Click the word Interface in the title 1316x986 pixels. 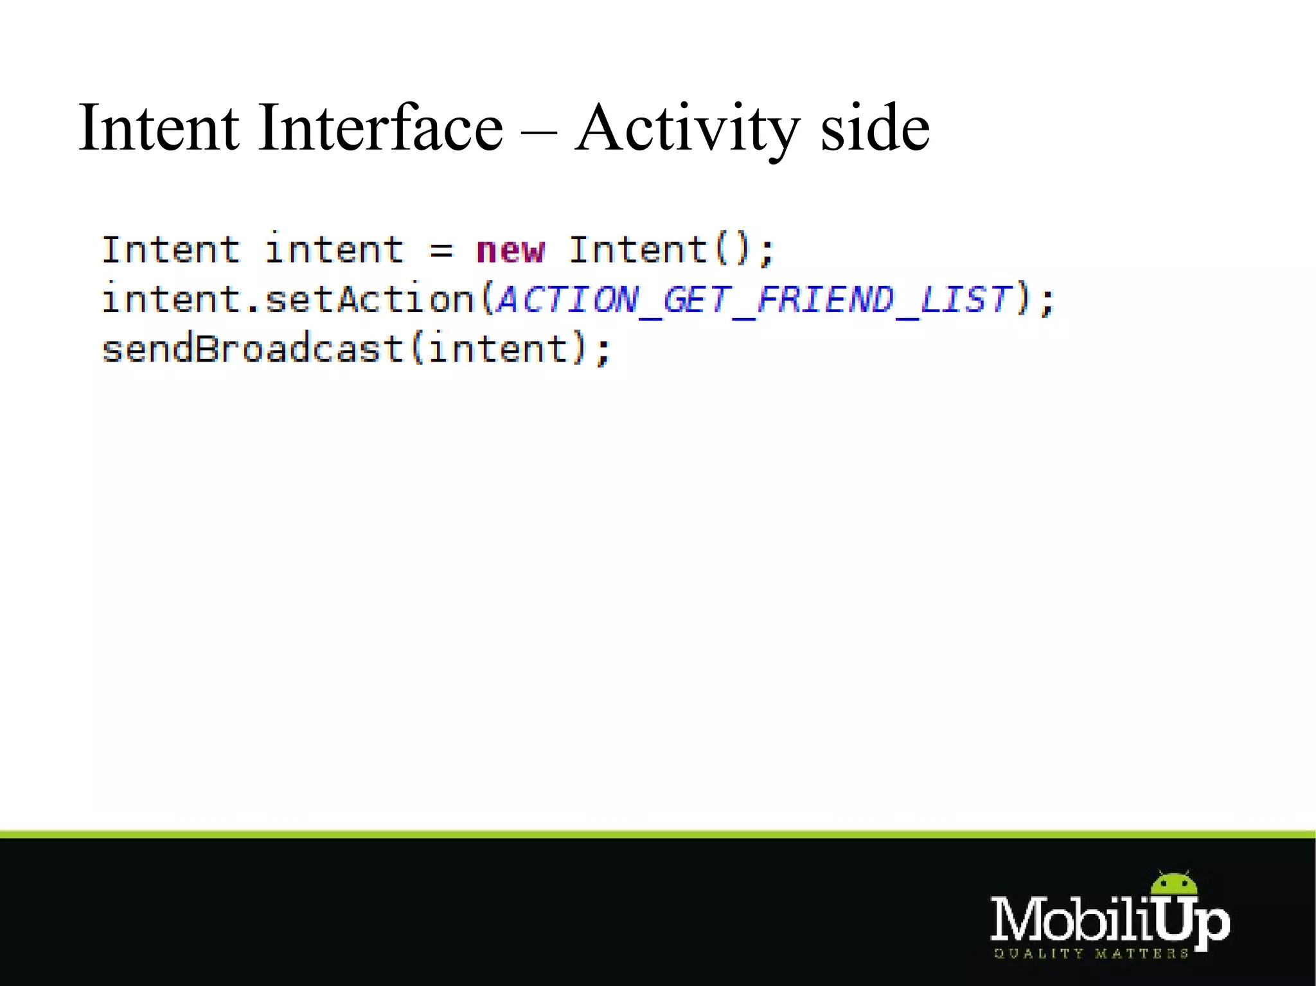click(380, 128)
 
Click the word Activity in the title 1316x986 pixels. click(687, 129)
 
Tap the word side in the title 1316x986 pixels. click(875, 128)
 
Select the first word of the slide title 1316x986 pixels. click(159, 128)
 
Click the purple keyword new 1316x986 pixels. click(510, 250)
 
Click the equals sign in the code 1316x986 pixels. click(441, 251)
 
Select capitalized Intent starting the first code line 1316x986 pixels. click(170, 250)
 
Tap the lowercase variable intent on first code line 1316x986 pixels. click(334, 250)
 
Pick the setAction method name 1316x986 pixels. click(369, 299)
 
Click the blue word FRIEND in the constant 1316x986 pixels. click(825, 299)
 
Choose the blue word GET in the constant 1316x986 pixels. click(696, 299)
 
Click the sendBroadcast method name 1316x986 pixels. click(253, 349)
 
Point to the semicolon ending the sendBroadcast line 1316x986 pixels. click(602, 352)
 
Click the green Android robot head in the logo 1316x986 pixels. click(1174, 885)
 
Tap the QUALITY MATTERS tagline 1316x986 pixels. click(1091, 954)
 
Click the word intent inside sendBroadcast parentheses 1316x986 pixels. click(498, 349)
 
